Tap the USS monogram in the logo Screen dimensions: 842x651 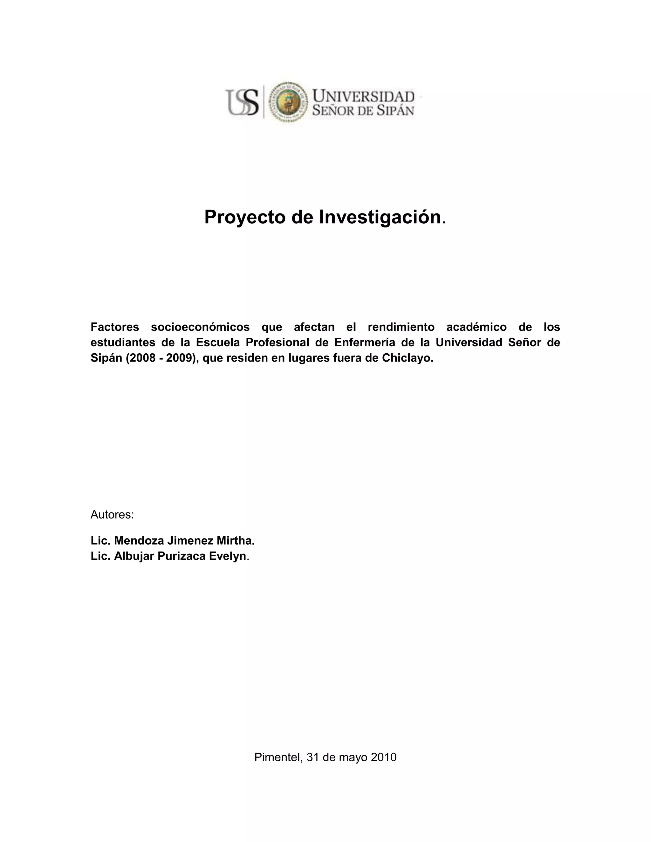click(242, 102)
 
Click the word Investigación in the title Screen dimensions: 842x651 click(380, 217)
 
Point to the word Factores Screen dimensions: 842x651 click(114, 327)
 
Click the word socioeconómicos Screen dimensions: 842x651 click(200, 327)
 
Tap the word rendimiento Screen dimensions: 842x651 click(401, 327)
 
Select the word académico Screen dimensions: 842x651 click(476, 327)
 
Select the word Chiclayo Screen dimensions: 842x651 click(407, 358)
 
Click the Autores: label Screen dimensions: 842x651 click(112, 515)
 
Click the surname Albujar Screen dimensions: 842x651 click(131, 556)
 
